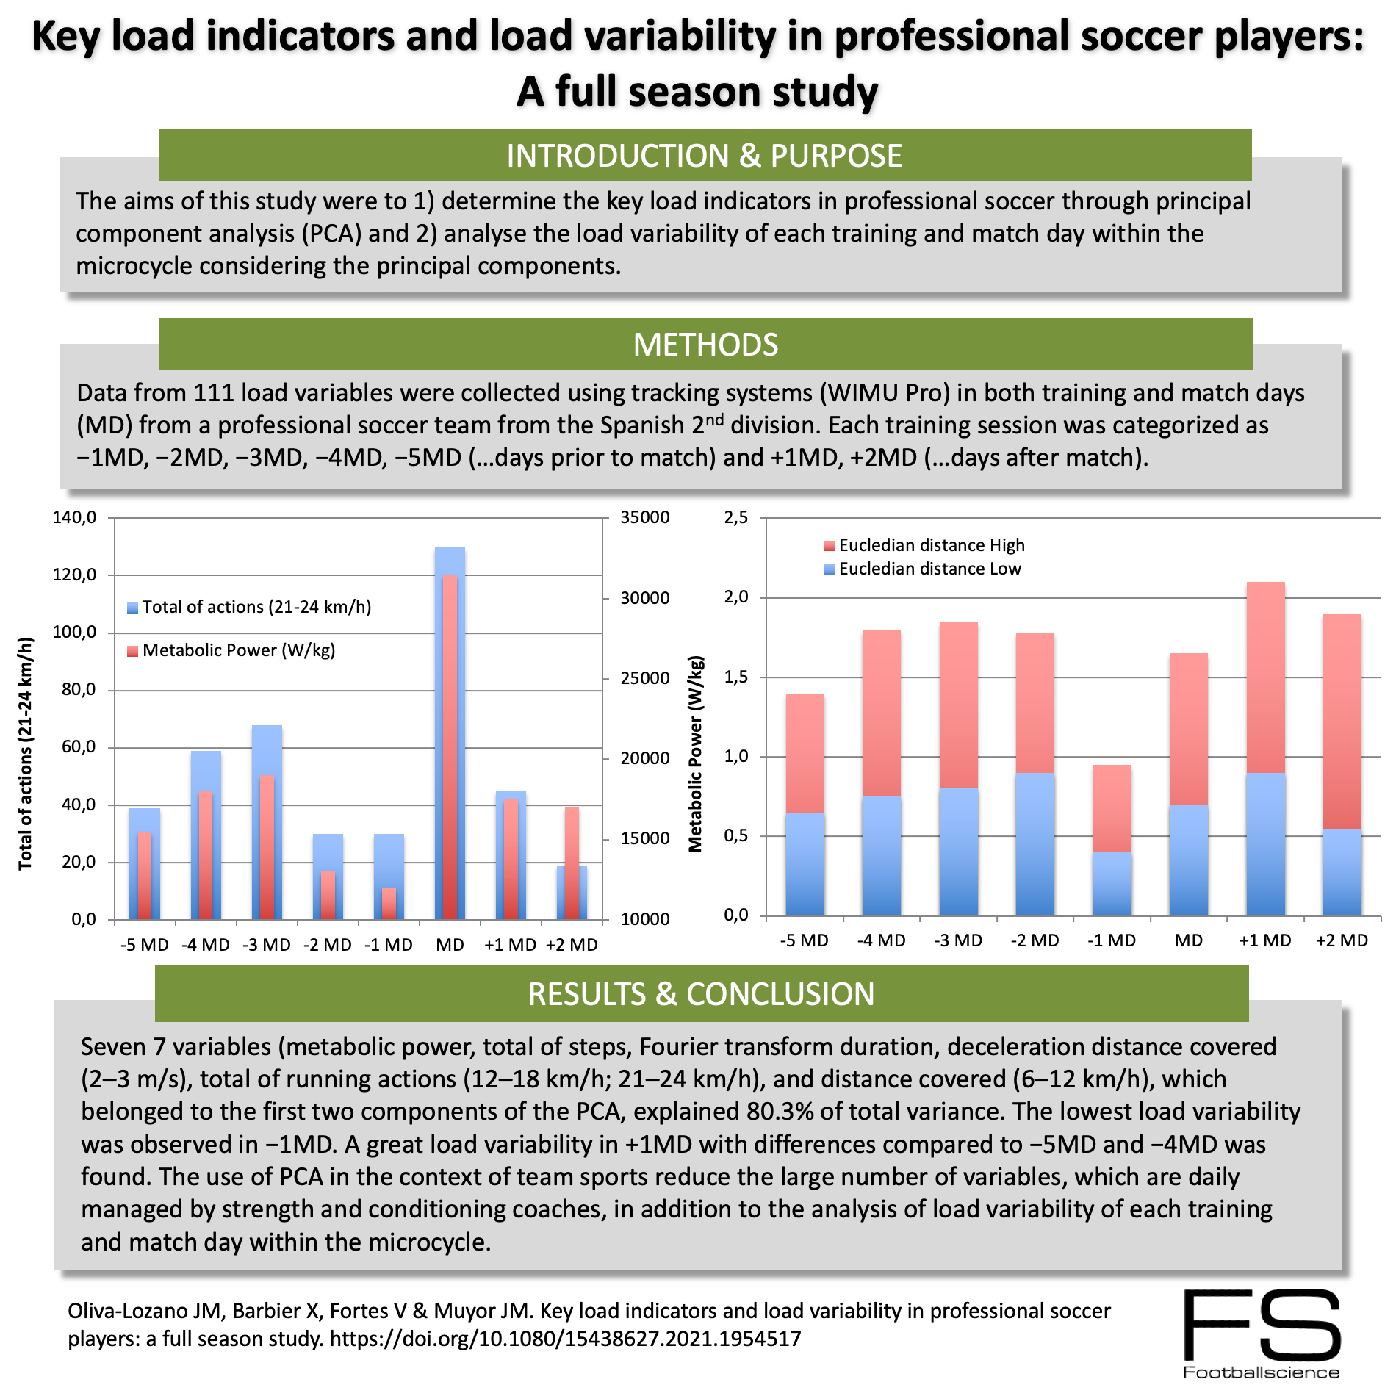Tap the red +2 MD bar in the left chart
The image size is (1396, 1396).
click(x=572, y=838)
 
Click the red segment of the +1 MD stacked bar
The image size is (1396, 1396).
click(x=1265, y=676)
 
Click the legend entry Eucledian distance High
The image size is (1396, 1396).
click(x=931, y=545)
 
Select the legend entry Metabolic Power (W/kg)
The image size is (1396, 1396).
click(x=238, y=650)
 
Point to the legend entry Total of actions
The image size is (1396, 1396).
click(x=256, y=607)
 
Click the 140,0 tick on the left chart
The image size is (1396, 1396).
click(x=74, y=518)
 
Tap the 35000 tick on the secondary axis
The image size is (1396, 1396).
click(x=644, y=518)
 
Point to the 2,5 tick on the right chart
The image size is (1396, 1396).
click(x=736, y=518)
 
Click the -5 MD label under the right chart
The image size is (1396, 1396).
click(x=804, y=940)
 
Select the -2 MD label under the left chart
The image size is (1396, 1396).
click(x=327, y=945)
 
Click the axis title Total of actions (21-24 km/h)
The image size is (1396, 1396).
click(x=26, y=753)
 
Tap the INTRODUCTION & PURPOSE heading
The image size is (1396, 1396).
click(x=704, y=156)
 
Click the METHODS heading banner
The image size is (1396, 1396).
click(x=705, y=345)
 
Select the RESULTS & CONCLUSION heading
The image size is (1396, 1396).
click(x=701, y=994)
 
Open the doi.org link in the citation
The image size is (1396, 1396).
click(x=565, y=1339)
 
